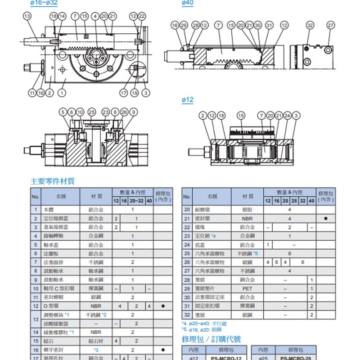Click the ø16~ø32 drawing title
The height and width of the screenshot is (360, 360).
(44, 3)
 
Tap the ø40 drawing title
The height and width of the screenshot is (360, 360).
(187, 3)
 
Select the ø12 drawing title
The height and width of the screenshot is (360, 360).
(187, 100)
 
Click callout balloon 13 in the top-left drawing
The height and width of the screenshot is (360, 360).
(27, 16)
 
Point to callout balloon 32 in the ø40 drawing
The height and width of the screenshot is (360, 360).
(310, 25)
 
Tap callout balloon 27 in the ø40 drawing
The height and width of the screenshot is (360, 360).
(331, 25)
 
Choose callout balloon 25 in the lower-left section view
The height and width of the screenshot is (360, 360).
(92, 112)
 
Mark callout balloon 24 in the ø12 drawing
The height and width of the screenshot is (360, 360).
(288, 116)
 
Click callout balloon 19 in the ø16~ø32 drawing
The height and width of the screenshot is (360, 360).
(135, 93)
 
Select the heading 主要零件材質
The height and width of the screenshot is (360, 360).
(52, 181)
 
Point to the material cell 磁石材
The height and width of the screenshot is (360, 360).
(96, 341)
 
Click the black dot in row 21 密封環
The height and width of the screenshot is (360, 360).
(325, 218)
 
